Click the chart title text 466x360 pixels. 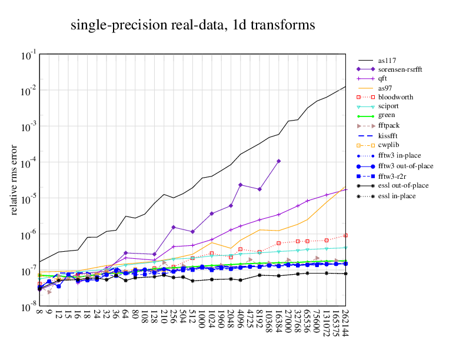[x=192, y=25]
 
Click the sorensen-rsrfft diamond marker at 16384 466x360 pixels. [x=279, y=161]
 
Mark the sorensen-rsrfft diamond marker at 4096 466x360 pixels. [x=240, y=185]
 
